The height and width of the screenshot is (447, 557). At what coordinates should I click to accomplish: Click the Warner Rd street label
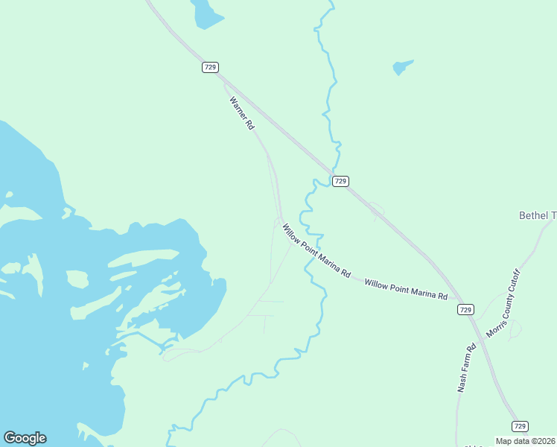242,113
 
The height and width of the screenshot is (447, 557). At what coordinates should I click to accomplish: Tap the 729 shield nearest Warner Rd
210,67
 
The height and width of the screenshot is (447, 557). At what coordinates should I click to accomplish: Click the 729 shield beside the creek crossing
340,181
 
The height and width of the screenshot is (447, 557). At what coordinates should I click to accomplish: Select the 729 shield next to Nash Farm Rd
465,309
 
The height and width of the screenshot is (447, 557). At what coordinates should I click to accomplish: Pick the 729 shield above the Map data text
521,425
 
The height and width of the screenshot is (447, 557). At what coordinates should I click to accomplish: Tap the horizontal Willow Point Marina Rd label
406,289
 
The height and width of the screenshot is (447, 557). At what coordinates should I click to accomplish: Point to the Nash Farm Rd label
466,368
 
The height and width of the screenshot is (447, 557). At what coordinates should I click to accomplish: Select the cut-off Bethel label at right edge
538,215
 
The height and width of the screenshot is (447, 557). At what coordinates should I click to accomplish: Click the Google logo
25,438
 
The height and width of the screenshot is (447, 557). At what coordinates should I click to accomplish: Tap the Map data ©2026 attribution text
526,440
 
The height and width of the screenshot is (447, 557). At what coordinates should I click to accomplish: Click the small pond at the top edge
205,13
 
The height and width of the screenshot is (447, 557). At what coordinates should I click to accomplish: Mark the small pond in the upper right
402,67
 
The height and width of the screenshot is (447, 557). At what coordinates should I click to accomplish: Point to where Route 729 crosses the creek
333,168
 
